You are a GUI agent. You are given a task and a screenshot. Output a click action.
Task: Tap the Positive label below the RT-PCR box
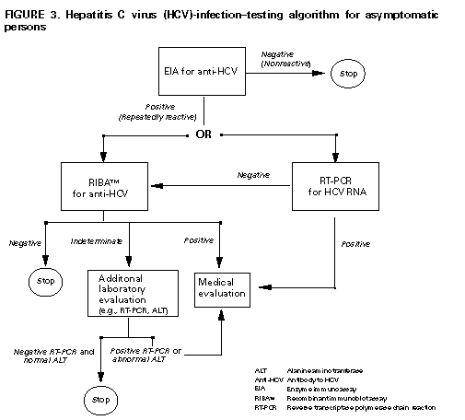point(355,244)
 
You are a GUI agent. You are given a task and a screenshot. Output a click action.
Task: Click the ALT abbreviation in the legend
point(261,369)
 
